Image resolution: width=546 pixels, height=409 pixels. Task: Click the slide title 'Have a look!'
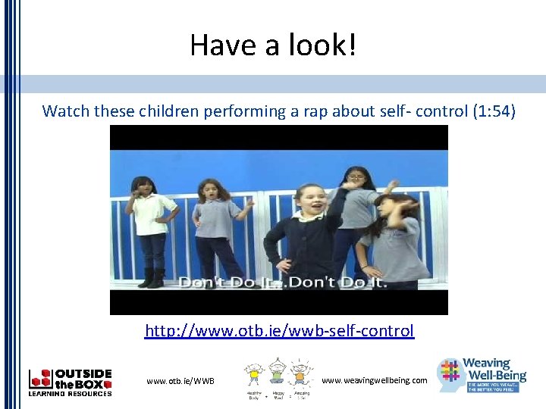pos(272,45)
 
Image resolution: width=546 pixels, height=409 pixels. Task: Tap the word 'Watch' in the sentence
pos(65,111)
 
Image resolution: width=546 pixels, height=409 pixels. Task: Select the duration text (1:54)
pos(494,111)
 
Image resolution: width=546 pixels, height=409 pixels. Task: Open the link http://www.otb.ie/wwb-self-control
pos(280,331)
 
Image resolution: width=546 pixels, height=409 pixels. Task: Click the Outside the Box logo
pos(70,382)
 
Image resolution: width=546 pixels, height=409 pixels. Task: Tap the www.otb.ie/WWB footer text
pos(180,380)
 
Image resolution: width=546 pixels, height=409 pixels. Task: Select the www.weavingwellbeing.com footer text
pos(375,379)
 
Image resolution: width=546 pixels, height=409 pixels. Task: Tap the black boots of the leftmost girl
pos(151,278)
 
